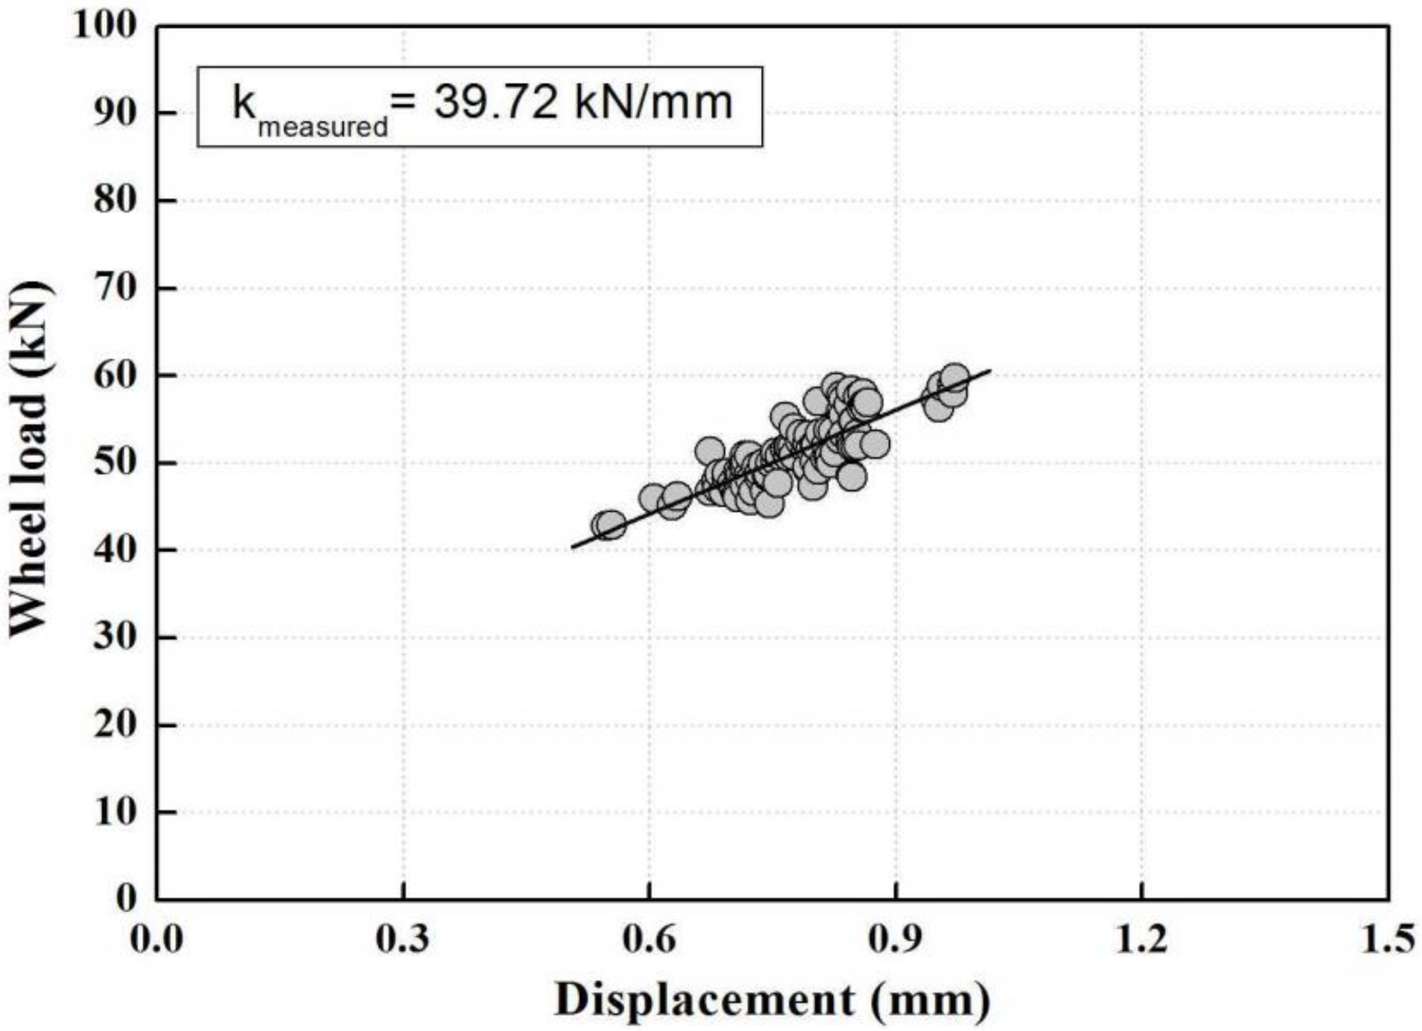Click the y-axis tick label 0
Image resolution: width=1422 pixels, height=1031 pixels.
[127, 899]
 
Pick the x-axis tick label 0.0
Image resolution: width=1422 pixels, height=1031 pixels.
[157, 940]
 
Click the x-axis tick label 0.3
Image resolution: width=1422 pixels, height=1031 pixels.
[403, 940]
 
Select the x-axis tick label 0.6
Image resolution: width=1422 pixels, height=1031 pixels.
[649, 940]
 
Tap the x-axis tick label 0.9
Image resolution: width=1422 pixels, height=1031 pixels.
[896, 940]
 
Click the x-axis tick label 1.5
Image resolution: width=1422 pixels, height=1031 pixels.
[1387, 940]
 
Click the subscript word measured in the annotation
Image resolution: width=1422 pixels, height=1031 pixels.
[322, 127]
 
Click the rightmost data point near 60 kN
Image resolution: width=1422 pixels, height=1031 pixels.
[954, 377]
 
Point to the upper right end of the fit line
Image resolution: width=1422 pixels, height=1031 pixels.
[990, 370]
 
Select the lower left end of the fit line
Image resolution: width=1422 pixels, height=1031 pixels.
[572, 547]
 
